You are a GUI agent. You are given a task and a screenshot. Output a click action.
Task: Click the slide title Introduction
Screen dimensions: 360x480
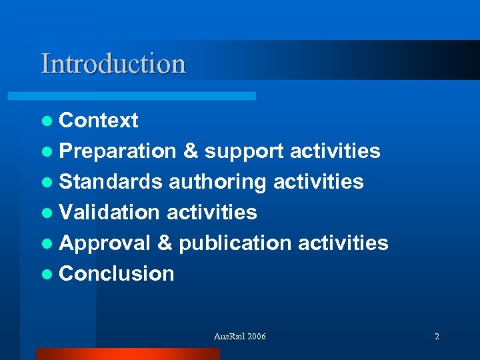point(113,64)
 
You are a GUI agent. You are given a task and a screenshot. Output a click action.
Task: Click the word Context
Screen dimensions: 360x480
point(99,121)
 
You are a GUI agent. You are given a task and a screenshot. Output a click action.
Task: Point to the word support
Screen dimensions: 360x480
point(244,151)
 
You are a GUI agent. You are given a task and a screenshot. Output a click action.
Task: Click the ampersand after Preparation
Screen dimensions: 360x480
point(190,151)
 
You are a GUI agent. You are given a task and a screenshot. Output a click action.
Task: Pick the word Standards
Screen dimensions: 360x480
point(111,182)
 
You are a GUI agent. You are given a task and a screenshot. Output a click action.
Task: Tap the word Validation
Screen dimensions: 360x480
point(109,213)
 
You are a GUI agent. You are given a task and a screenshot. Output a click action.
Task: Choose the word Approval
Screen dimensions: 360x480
point(105,243)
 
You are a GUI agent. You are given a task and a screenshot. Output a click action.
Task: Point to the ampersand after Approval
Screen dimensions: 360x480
point(165,243)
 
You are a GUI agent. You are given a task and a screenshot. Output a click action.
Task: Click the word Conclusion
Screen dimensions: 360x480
point(117,274)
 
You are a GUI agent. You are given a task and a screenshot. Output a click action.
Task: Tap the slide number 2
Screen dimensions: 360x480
point(437,337)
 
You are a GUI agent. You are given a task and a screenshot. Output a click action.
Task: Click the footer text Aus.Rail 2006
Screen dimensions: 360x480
point(239,337)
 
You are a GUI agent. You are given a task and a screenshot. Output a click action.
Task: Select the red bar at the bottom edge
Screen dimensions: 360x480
point(127,354)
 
